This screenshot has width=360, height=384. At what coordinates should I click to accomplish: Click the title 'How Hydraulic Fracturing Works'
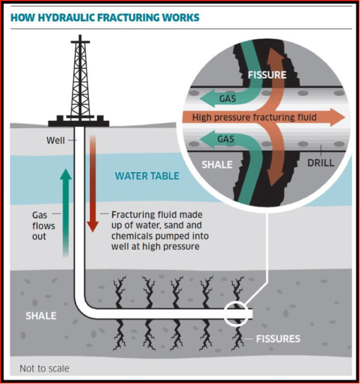coord(105,17)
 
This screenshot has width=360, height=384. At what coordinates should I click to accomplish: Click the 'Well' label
coord(56,139)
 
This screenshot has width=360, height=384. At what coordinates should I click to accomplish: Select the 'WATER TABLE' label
coord(147,176)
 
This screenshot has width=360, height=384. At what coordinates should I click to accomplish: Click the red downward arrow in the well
coord(93,186)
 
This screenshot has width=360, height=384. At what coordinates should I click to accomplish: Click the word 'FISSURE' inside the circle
coord(267,75)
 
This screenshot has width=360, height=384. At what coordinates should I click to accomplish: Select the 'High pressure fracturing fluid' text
coord(254,118)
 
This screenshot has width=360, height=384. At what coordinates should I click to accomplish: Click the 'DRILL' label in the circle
coord(321,163)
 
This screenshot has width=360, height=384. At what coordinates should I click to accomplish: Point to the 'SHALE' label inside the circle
coord(217,165)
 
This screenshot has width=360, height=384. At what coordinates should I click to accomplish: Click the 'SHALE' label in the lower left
coord(41,316)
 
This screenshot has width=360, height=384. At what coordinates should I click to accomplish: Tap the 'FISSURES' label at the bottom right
coord(278,338)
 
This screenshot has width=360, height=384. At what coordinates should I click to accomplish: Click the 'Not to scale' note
coord(44,369)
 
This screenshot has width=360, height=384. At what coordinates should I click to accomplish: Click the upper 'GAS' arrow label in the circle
coord(227,99)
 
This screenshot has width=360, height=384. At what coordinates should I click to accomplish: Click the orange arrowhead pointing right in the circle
coord(336,118)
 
